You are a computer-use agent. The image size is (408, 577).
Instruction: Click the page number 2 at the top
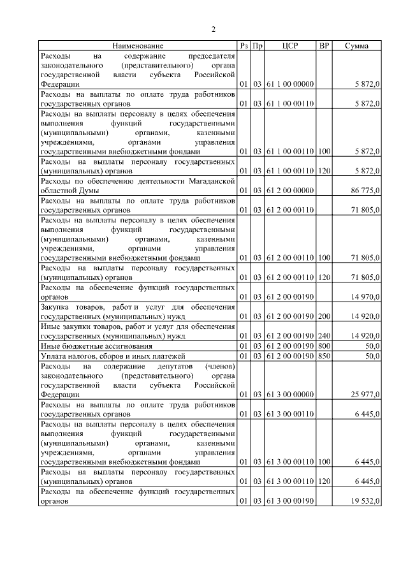tap(214, 29)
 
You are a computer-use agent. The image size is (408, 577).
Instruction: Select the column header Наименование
tap(138, 46)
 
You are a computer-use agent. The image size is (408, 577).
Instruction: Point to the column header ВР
tap(324, 46)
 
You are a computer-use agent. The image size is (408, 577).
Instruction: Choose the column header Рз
tap(243, 46)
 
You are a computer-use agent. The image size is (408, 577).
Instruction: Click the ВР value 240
tap(324, 335)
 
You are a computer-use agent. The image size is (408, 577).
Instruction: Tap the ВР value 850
tap(324, 355)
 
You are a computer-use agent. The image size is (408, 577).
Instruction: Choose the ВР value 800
tap(324, 345)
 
